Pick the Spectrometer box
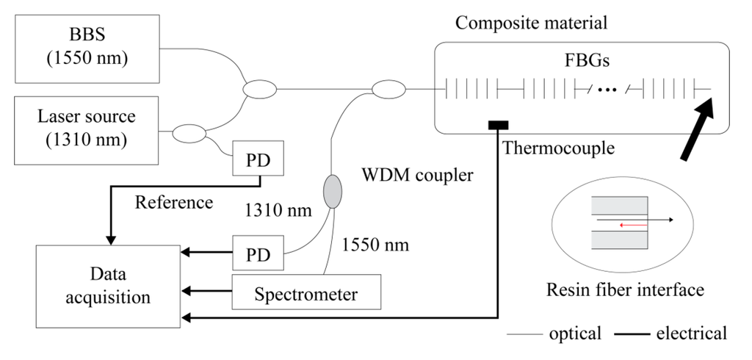(x=306, y=294)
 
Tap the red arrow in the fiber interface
(x=633, y=226)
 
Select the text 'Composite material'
(x=532, y=22)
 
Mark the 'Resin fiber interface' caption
(x=626, y=289)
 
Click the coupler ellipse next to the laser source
(x=189, y=134)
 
